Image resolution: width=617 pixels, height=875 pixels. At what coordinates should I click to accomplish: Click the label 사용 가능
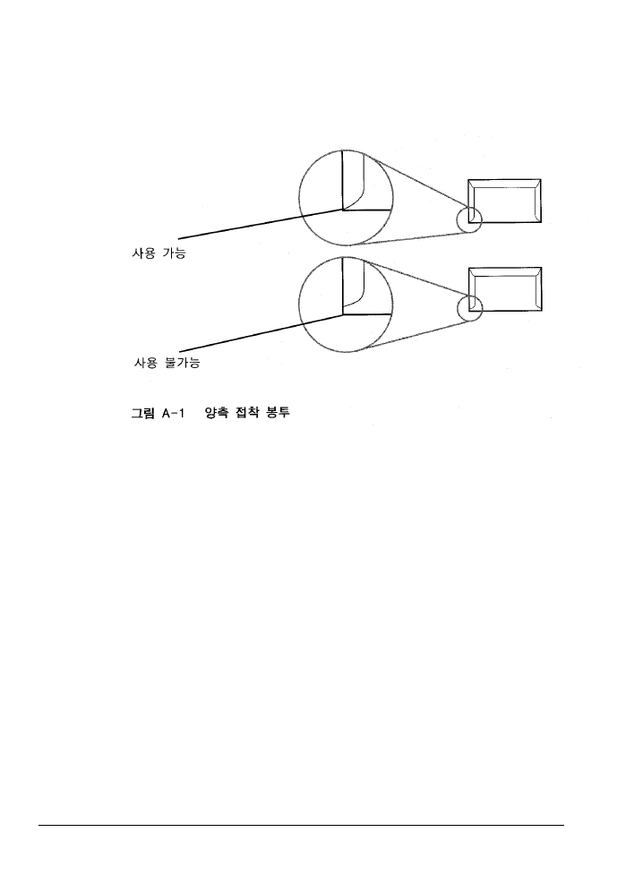[x=159, y=253]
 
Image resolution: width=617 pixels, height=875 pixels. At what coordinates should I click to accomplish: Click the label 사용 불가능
[x=167, y=363]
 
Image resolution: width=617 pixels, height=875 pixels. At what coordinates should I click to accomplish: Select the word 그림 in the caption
[x=142, y=414]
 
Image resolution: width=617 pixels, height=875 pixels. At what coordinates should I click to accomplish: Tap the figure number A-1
[x=173, y=414]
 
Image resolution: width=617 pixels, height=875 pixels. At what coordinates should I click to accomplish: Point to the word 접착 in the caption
[x=247, y=414]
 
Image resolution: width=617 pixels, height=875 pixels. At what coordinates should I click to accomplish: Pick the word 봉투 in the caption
[x=279, y=414]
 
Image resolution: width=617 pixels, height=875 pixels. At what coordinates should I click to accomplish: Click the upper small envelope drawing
[x=504, y=180]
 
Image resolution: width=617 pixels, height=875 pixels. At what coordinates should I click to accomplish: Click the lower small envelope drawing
[x=505, y=268]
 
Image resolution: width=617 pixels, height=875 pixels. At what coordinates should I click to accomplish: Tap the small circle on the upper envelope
[x=457, y=219]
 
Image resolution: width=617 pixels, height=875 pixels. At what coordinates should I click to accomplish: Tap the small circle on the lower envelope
[x=457, y=308]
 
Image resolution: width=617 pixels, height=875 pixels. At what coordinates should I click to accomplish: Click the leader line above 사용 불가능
[x=261, y=333]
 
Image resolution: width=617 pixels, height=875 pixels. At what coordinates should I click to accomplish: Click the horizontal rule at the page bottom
[x=301, y=825]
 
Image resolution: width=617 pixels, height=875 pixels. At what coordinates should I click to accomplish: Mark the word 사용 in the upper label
[x=142, y=253]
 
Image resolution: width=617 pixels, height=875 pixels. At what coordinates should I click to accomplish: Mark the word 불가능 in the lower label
[x=183, y=363]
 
